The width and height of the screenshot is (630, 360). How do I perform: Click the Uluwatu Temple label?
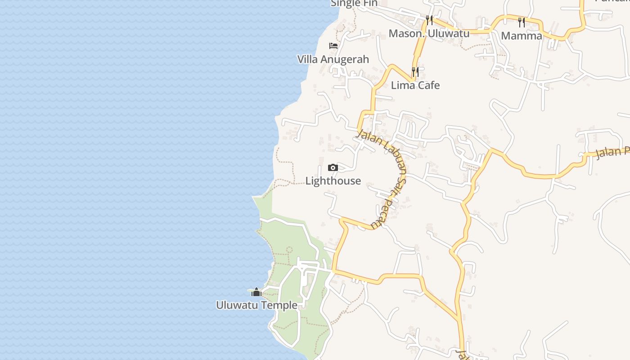click(256, 305)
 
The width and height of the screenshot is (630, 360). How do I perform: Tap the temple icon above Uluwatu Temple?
click(256, 292)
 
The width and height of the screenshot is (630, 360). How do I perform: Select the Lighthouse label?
click(333, 181)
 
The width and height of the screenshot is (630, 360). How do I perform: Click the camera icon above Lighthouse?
click(333, 168)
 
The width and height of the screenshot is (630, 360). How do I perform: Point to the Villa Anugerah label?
click(333, 59)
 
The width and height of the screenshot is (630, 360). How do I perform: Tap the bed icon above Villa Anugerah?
click(333, 46)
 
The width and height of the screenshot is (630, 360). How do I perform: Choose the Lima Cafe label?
click(415, 85)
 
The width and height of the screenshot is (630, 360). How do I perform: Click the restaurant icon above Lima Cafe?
click(415, 72)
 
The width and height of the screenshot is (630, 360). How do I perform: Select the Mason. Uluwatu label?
click(429, 34)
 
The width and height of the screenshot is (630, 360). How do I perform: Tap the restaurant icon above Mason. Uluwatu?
click(429, 20)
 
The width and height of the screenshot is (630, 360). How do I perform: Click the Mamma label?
click(522, 36)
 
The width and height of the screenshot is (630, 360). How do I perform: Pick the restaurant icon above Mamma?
click(522, 22)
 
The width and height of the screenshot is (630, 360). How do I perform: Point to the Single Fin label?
click(354, 3)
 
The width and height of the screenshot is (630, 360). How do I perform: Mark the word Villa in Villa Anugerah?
click(307, 59)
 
